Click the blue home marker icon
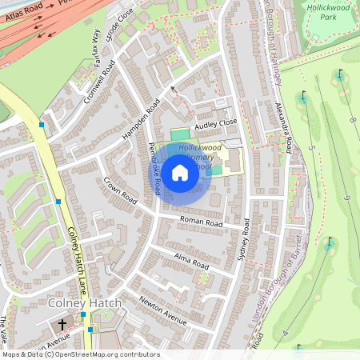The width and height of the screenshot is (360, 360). (x=180, y=172)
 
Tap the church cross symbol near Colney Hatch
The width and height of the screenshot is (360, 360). (x=62, y=325)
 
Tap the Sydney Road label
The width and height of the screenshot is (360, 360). (x=244, y=241)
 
